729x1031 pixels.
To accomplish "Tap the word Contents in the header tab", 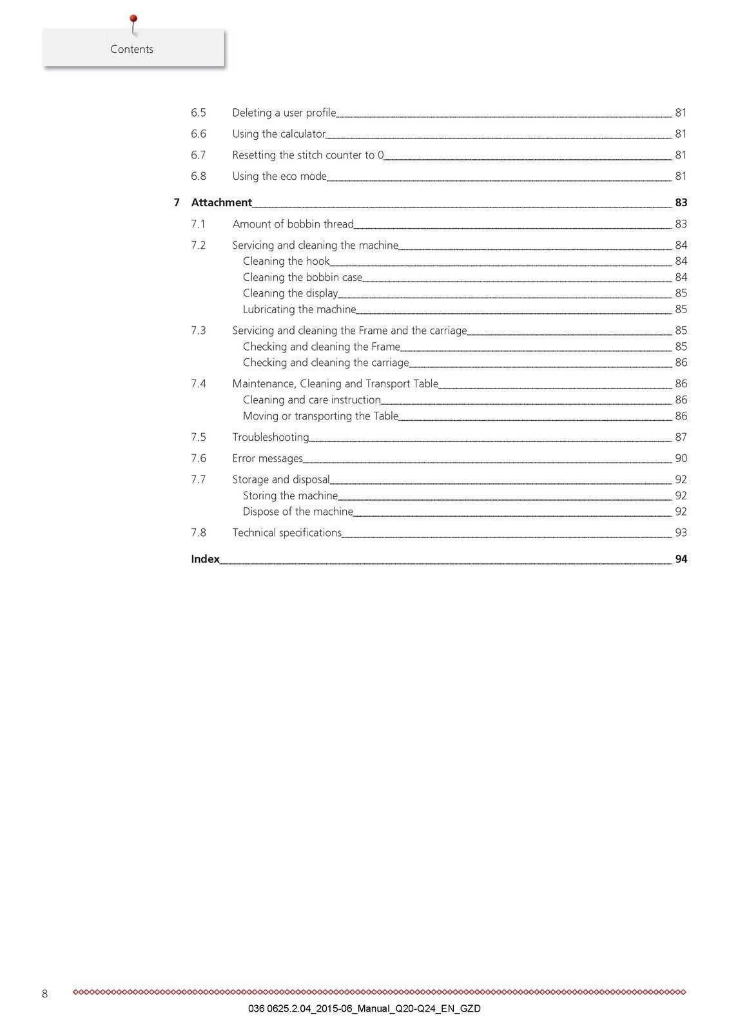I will [x=131, y=49].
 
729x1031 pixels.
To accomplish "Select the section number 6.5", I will [x=199, y=113].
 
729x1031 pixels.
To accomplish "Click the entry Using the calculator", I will [x=278, y=134].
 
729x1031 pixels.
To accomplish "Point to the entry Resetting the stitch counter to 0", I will [x=307, y=155].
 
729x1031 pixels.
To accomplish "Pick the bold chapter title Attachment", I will [x=221, y=202].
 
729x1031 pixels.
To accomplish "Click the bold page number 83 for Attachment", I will [x=681, y=202].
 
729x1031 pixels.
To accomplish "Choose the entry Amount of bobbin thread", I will [x=293, y=224].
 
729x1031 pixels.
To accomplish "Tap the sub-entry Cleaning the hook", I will [x=286, y=261].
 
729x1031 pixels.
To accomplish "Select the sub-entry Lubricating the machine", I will [x=299, y=309].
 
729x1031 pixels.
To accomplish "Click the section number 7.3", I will [x=199, y=331].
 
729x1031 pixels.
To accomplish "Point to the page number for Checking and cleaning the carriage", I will [x=681, y=363].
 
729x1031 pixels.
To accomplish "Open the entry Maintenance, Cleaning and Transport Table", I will [x=335, y=384].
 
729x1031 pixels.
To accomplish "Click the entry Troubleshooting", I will [x=270, y=438].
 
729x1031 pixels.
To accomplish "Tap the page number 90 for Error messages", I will [x=681, y=458].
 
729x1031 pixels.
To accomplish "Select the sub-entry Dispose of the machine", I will [x=298, y=512].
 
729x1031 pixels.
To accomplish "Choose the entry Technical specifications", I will [x=287, y=533].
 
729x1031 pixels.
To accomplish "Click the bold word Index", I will [x=205, y=559].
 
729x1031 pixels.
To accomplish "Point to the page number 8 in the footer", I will [x=44, y=994].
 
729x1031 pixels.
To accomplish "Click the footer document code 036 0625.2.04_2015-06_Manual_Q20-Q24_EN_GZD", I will [x=364, y=1008].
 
